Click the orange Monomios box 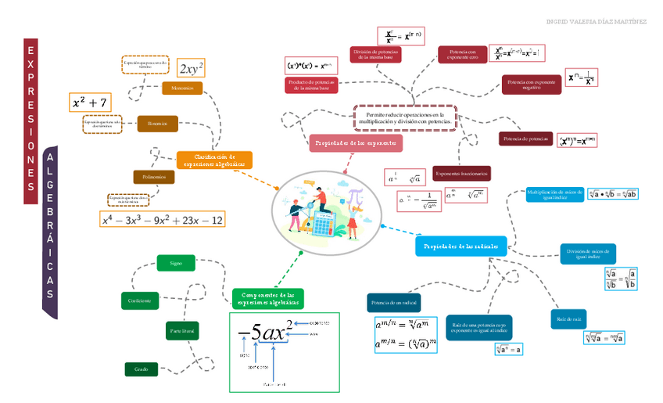(x=182, y=88)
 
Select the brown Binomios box (x=157, y=123)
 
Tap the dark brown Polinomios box (x=154, y=178)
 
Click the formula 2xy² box (x=192, y=68)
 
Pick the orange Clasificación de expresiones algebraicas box (x=214, y=160)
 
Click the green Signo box (x=176, y=263)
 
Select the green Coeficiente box (x=141, y=300)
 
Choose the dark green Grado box (x=142, y=369)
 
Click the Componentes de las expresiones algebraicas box (x=267, y=298)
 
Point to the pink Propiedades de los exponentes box (x=356, y=143)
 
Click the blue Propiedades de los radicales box (x=461, y=246)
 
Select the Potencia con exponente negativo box (x=531, y=85)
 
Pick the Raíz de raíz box (x=568, y=319)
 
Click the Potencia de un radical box (x=394, y=303)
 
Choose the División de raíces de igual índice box (x=587, y=254)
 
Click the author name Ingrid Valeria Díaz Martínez (x=596, y=21)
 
